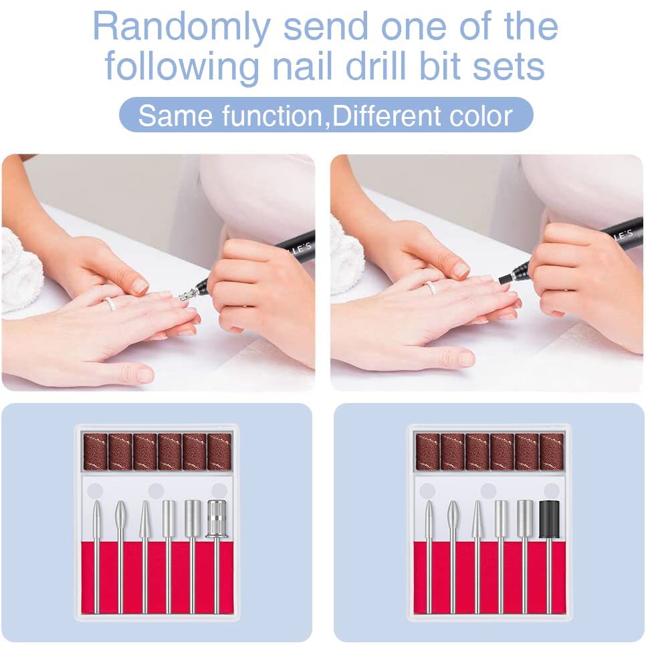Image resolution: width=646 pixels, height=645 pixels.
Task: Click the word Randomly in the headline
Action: (181, 28)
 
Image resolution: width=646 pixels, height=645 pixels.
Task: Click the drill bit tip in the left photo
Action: (188, 293)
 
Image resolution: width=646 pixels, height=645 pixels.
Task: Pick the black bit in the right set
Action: (549, 519)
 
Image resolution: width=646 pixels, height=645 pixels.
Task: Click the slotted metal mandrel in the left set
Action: (217, 519)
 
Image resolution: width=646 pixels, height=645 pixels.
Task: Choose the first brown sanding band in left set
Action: (96, 452)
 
